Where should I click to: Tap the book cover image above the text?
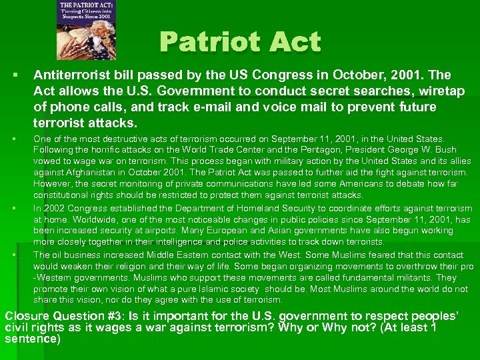coord(87,30)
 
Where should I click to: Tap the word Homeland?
coord(234,209)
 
